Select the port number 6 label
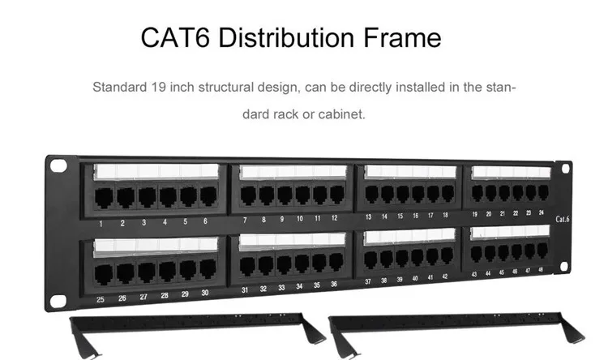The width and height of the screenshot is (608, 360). click(x=205, y=221)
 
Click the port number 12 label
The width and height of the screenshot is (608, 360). click(x=334, y=219)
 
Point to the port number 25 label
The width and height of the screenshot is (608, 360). click(x=101, y=298)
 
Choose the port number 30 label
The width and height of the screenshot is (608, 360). click(x=205, y=293)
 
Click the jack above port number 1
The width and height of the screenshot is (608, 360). click(x=103, y=197)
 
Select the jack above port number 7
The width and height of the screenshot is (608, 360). click(x=247, y=195)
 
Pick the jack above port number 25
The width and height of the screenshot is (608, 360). click(x=105, y=272)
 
